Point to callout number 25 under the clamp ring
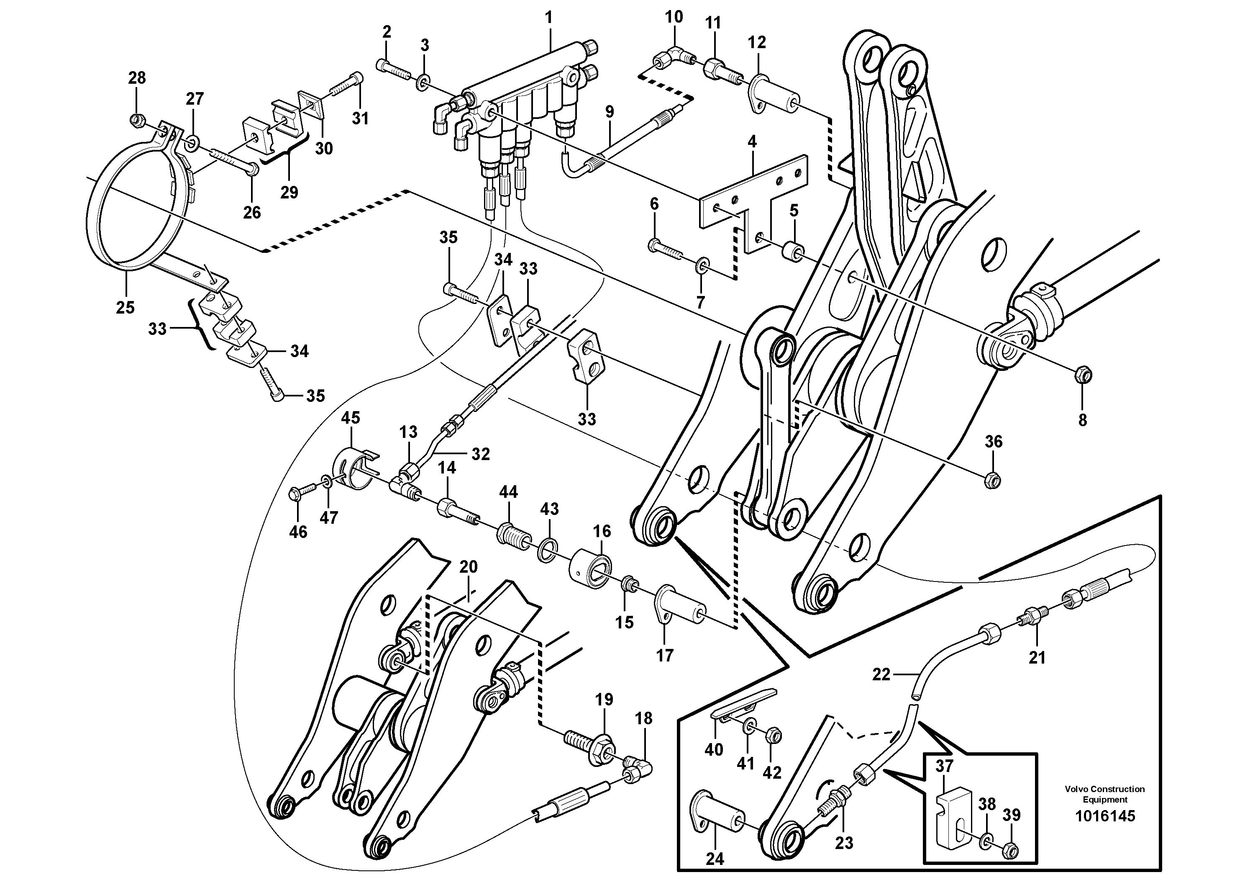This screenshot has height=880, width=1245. pos(125,308)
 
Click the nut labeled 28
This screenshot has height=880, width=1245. pos(138,119)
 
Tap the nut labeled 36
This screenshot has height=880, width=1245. pos(992,480)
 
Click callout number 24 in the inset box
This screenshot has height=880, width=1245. pos(715,859)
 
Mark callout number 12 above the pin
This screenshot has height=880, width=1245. pos(756,42)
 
